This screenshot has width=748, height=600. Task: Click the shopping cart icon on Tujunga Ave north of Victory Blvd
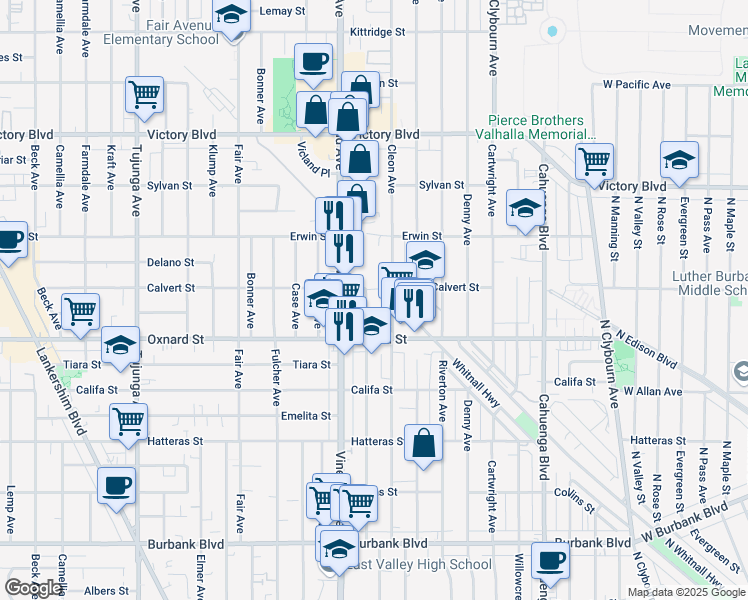coord(144,96)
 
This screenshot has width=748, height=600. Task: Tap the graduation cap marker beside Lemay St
coord(231,17)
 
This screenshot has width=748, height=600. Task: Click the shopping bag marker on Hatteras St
coord(424,441)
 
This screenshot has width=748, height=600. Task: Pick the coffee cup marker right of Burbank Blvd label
coord(549,561)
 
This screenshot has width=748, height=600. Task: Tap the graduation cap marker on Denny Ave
coord(524,209)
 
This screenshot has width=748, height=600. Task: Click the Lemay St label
coord(282,11)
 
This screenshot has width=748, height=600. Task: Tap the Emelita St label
coord(306,415)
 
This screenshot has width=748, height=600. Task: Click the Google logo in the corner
coord(34,588)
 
